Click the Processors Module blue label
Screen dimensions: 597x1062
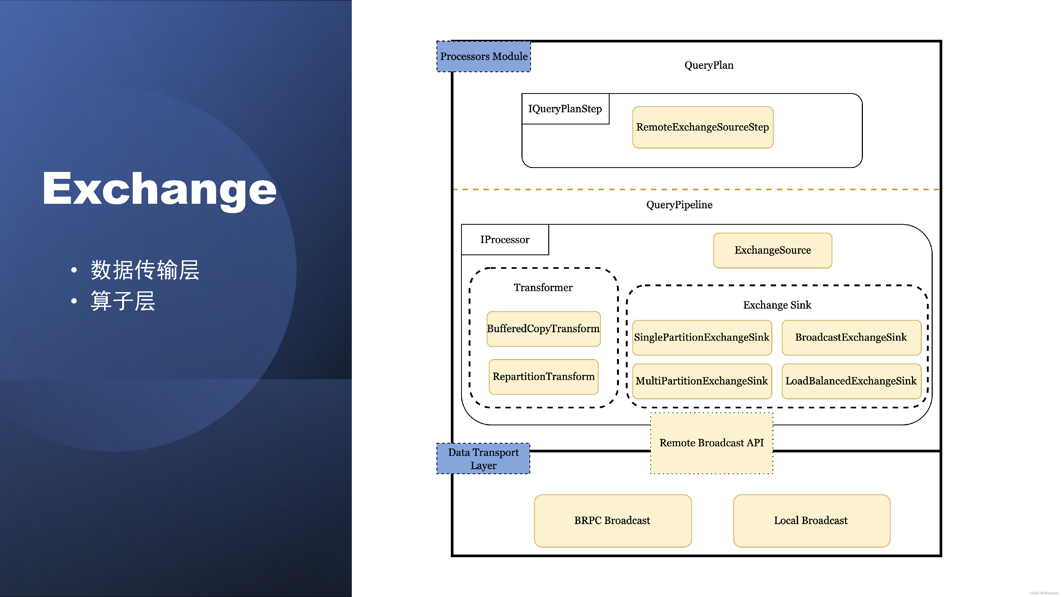click(483, 57)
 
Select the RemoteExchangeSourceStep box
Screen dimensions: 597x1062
click(703, 127)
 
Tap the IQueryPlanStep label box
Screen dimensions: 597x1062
click(565, 109)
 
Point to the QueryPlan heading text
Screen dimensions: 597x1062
click(709, 65)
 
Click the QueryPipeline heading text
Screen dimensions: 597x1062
click(679, 205)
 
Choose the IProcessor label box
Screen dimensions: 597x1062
click(505, 240)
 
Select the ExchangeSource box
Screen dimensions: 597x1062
click(773, 250)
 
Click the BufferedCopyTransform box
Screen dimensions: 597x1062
click(543, 329)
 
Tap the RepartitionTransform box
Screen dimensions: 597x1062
click(543, 377)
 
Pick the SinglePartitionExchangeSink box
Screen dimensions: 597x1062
click(702, 338)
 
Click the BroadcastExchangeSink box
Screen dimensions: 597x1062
click(851, 338)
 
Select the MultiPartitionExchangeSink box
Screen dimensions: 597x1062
click(702, 381)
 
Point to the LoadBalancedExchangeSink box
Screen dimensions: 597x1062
click(851, 381)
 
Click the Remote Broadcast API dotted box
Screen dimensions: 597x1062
click(712, 443)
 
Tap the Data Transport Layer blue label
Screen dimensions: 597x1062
click(483, 458)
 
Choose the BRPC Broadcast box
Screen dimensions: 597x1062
click(612, 521)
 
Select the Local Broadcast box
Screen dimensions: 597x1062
click(811, 521)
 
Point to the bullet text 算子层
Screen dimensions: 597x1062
click(123, 301)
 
